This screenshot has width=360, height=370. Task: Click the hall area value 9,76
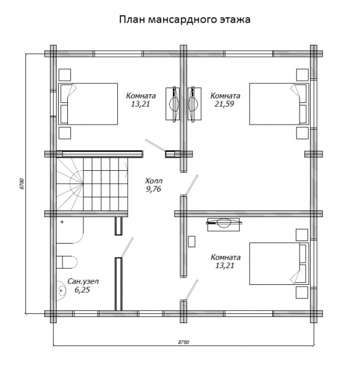[x=153, y=190]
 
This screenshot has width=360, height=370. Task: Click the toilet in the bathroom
[x=66, y=260]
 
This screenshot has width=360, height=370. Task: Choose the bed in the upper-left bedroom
[x=88, y=104]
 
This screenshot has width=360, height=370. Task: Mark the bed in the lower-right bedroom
[x=278, y=264]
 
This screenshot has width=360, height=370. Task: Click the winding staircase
[x=93, y=183]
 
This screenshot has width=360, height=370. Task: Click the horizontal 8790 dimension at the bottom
[x=184, y=341]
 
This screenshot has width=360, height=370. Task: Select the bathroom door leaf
[x=123, y=248]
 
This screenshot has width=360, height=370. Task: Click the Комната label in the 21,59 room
[x=225, y=96]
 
